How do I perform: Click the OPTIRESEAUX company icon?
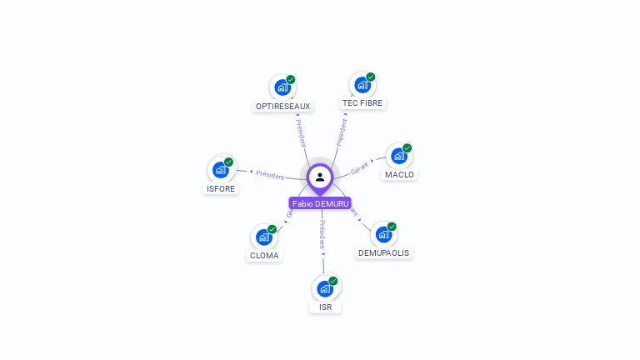point(282,87)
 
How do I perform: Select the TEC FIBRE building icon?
point(362,84)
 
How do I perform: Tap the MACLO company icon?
point(399,156)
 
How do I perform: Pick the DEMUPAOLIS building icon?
point(383,234)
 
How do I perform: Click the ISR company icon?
point(325,288)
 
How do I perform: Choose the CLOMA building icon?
point(263,237)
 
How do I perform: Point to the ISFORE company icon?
point(220,169)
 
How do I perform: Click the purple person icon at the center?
point(320,177)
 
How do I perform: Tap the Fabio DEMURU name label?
point(320,203)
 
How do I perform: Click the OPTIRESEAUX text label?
point(283,107)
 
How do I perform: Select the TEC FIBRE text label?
point(362,103)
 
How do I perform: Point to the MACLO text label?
point(400,175)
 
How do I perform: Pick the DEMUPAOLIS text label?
point(384,252)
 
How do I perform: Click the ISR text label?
point(325,307)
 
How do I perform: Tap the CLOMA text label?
point(264,256)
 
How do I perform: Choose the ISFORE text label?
point(221,188)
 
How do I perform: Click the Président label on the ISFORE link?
point(270,175)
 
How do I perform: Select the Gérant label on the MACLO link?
point(360,167)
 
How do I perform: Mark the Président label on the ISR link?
point(322,235)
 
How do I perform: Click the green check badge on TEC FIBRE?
point(371,77)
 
